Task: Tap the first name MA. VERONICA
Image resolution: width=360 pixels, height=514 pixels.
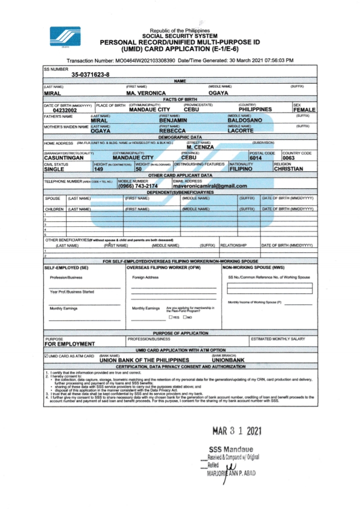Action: (145, 94)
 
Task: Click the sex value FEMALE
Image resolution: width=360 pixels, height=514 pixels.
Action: (304, 110)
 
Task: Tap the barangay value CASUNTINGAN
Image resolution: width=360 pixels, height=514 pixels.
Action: (66, 158)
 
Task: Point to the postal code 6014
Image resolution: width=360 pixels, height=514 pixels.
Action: (256, 158)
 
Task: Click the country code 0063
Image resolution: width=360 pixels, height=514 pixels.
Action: (289, 158)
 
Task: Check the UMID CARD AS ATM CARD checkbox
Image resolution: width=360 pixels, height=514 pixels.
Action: (46, 356)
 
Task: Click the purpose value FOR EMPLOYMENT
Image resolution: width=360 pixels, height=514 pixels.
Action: (69, 344)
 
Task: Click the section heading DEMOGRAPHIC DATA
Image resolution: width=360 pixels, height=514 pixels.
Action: (180, 137)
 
